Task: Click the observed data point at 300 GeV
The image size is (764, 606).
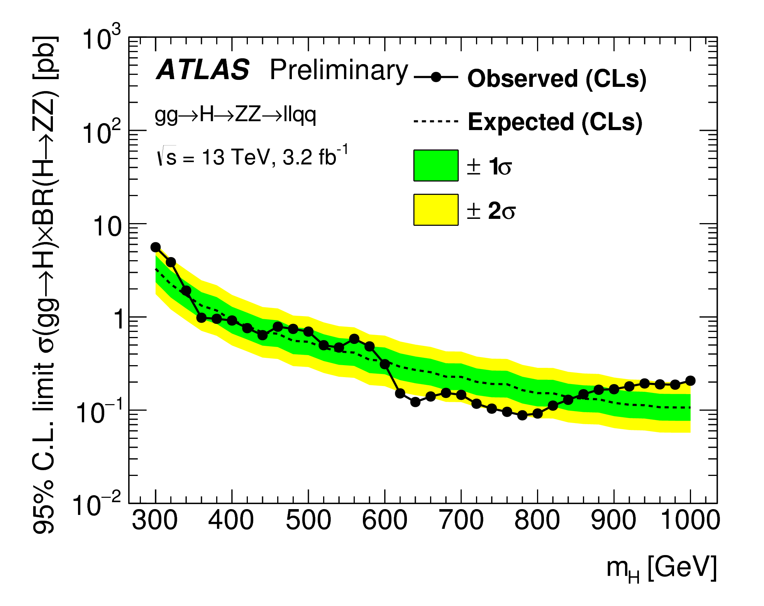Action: click(156, 247)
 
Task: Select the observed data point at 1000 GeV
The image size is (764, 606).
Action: click(690, 381)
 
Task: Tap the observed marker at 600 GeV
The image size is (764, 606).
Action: click(385, 364)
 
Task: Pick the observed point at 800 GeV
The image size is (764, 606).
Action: click(537, 414)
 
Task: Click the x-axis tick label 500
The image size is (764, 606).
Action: click(308, 520)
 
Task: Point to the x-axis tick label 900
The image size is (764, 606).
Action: click(614, 520)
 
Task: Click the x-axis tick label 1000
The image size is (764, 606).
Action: click(690, 520)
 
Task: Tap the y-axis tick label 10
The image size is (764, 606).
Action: click(107, 227)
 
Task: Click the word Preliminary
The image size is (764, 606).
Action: click(339, 71)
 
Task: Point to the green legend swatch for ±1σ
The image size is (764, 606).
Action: click(436, 166)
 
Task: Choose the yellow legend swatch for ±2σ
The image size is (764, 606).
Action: click(436, 210)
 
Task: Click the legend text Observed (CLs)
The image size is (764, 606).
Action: click(557, 79)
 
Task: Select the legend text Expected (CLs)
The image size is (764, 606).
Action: click(555, 122)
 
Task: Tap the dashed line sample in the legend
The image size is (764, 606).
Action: click(436, 122)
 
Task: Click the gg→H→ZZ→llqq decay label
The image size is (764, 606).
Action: click(235, 115)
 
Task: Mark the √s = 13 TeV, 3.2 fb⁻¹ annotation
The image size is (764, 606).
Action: click(252, 156)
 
